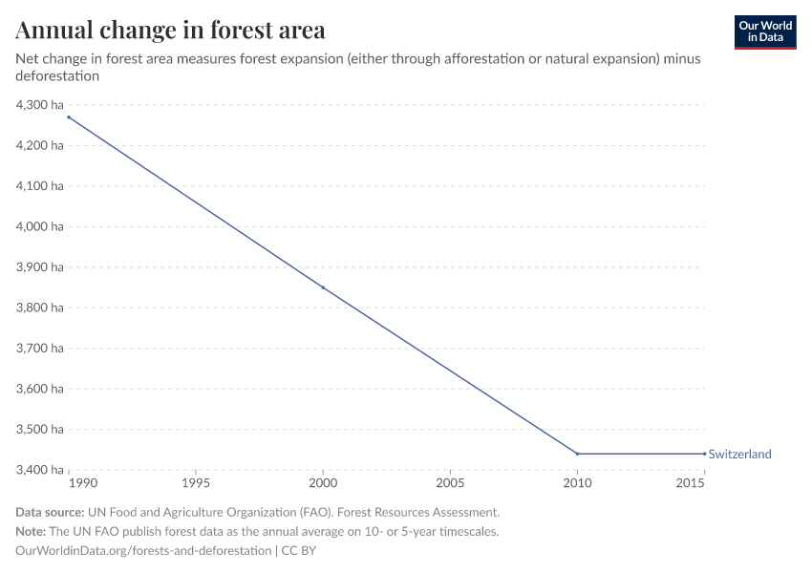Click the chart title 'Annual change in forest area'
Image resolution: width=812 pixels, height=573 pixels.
(x=170, y=30)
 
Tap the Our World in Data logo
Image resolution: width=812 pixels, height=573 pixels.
(x=764, y=32)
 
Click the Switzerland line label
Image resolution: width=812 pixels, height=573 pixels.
(x=739, y=455)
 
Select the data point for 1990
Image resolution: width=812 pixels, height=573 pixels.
(x=69, y=117)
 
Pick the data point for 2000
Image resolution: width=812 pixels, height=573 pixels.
(x=323, y=287)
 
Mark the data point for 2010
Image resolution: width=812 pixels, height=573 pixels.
(x=577, y=454)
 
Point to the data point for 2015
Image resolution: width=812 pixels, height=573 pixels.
(x=704, y=454)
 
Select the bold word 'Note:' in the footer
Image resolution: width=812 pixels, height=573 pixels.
(x=32, y=532)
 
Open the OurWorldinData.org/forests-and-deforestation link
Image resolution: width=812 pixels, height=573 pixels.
(x=143, y=551)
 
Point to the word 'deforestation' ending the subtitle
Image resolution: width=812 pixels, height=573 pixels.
(x=57, y=75)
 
